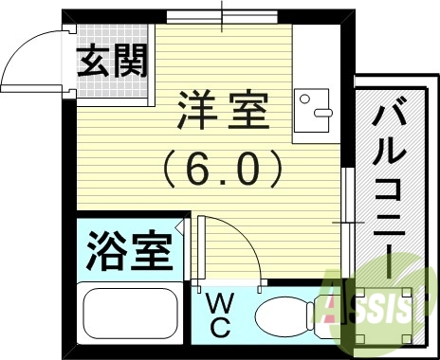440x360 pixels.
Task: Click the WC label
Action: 218,317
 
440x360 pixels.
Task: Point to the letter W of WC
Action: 218,305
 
